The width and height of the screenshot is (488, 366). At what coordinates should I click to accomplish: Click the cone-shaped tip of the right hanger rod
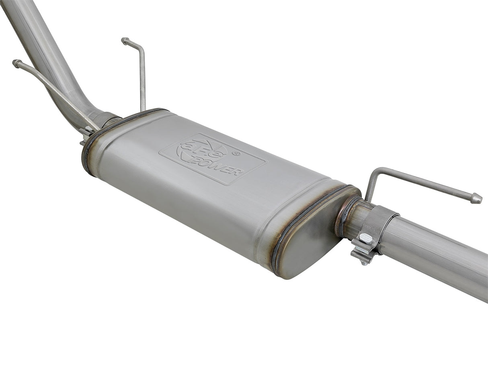(476, 198)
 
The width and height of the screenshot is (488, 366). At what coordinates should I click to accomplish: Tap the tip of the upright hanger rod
(125, 40)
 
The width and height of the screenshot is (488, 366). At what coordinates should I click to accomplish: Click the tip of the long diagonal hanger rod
(16, 63)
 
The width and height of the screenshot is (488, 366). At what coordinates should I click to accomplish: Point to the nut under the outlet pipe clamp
(363, 259)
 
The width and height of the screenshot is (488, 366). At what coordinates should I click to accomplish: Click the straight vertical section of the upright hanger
(142, 80)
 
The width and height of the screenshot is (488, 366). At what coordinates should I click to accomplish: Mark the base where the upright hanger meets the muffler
(143, 109)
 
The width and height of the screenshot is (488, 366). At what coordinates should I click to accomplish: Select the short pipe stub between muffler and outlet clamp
(354, 221)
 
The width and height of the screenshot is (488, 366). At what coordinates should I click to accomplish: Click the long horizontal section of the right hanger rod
(426, 183)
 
